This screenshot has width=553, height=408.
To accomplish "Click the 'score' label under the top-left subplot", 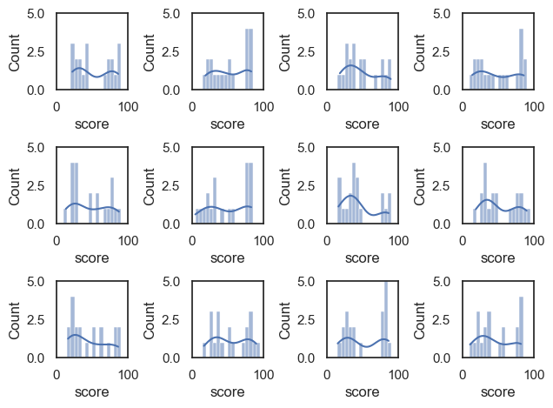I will (x=92, y=124).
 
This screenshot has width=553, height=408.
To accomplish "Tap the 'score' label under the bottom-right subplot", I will (x=498, y=392).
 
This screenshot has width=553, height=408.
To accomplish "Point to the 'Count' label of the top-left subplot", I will (x=15, y=51).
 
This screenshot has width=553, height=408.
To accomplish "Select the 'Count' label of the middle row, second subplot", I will (x=150, y=185).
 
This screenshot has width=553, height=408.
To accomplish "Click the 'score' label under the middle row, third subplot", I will (x=363, y=258).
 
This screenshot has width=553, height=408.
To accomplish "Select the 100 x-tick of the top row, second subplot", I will (x=264, y=106).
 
